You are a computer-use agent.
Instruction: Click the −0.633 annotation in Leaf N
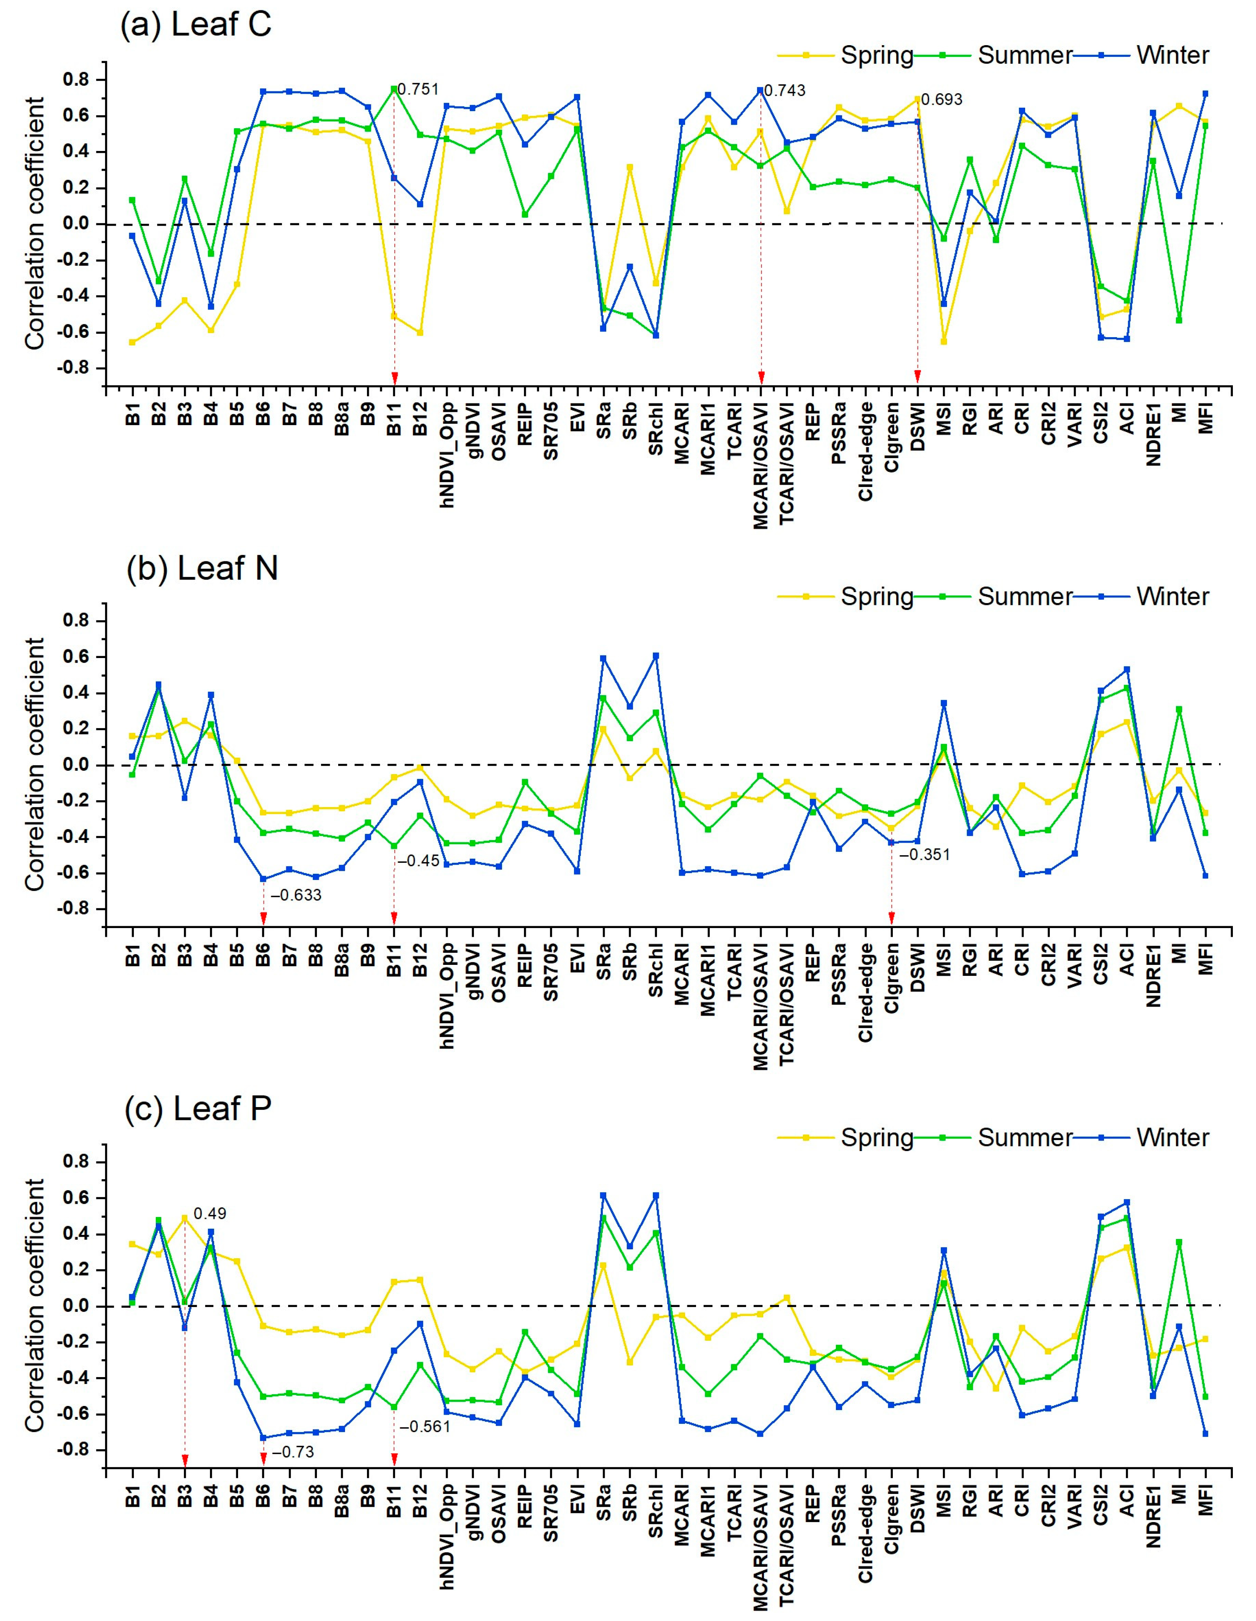point(296,895)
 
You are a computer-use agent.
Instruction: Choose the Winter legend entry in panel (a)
point(1172,56)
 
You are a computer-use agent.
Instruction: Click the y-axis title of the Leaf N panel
point(35,765)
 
